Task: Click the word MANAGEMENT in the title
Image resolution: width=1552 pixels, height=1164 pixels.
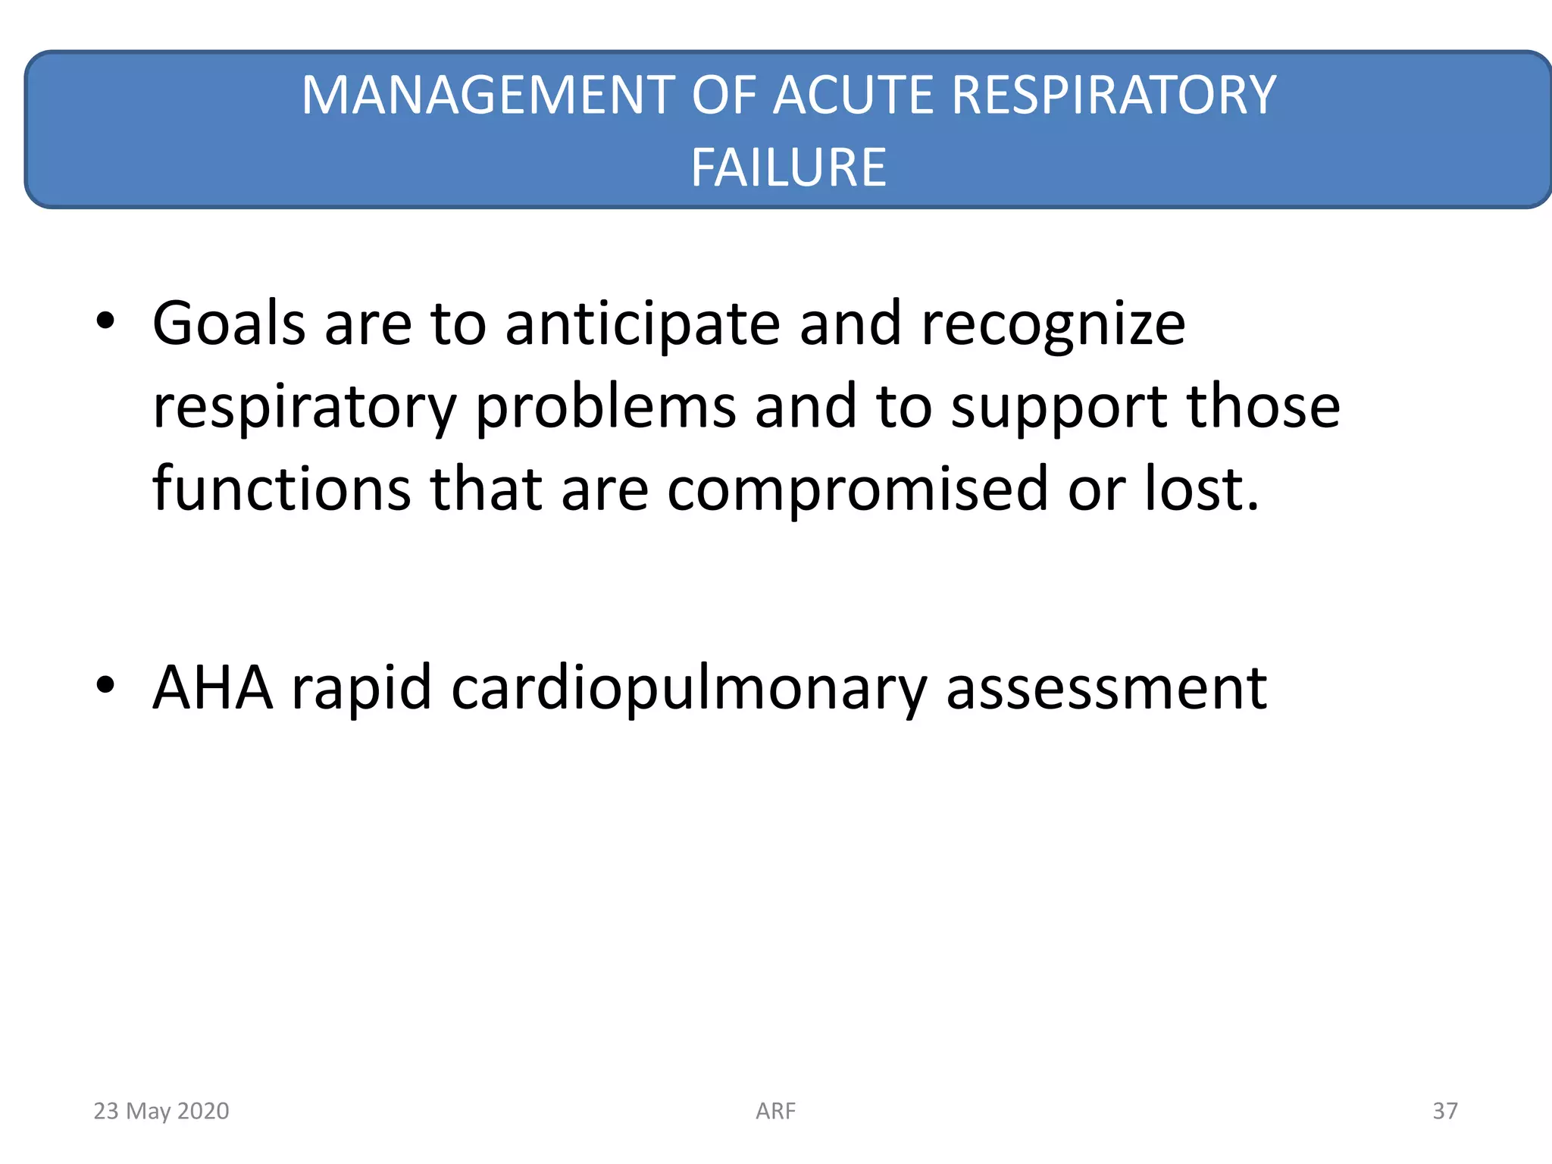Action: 488,95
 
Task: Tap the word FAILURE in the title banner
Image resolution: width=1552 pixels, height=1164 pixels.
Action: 788,167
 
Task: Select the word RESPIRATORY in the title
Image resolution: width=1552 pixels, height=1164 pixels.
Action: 1113,95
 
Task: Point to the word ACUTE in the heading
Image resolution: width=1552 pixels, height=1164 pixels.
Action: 853,95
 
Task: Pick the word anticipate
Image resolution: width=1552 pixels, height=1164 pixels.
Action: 643,324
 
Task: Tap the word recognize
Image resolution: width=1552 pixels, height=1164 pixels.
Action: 1053,324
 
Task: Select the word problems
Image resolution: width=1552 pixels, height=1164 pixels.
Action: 605,406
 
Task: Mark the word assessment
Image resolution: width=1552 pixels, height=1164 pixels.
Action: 1106,687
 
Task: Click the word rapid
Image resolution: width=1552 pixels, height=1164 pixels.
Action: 361,687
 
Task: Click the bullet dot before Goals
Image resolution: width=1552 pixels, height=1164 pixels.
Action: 105,321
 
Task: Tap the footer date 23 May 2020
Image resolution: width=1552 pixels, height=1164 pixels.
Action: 161,1111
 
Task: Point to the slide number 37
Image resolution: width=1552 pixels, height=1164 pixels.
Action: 1444,1111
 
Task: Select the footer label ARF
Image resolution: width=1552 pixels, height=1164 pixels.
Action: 775,1111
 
